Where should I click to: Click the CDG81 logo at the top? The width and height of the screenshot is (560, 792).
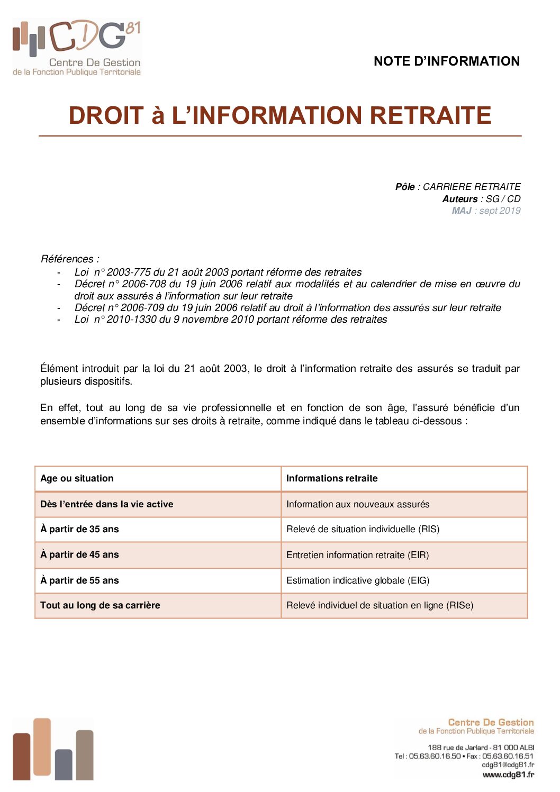pos(77,48)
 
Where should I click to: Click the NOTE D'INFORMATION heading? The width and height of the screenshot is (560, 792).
pos(446,61)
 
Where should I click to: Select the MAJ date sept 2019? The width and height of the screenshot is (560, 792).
pos(500,211)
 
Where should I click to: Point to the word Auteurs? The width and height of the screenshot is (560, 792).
pos(460,199)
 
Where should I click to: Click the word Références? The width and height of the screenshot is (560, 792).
pos(67,259)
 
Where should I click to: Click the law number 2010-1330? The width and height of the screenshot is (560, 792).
pos(128,320)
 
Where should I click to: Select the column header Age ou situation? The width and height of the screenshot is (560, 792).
pos(77,478)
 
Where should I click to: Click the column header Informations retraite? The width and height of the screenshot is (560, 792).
pos(332,478)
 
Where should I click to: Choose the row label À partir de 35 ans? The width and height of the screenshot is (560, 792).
pos(80,529)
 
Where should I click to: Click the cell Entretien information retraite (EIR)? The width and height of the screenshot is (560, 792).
pos(357,555)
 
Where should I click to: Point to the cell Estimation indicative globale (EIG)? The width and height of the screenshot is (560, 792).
pos(358,580)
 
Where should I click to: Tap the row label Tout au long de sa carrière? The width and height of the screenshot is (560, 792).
pos(100,605)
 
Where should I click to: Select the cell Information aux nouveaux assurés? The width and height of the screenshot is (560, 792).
pos(358,504)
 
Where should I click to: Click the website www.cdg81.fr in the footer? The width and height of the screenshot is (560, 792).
pos(508,775)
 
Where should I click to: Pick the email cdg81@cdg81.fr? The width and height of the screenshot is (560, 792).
pos(508,764)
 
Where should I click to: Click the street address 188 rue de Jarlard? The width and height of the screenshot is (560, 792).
pos(458,748)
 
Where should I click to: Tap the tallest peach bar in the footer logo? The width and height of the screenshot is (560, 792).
pos(42,746)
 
